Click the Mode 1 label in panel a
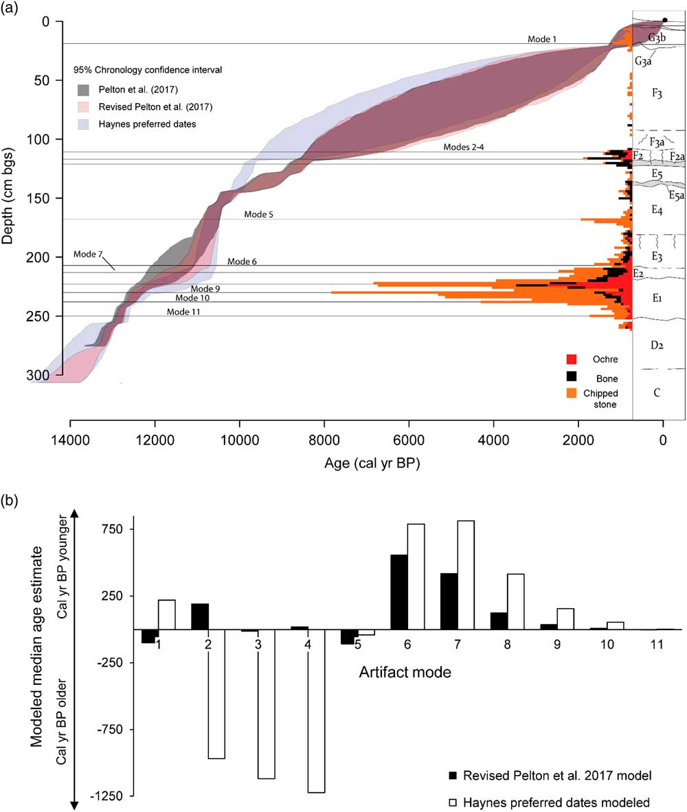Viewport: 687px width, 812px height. pos(542,39)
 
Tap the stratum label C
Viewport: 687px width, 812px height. pos(657,393)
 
